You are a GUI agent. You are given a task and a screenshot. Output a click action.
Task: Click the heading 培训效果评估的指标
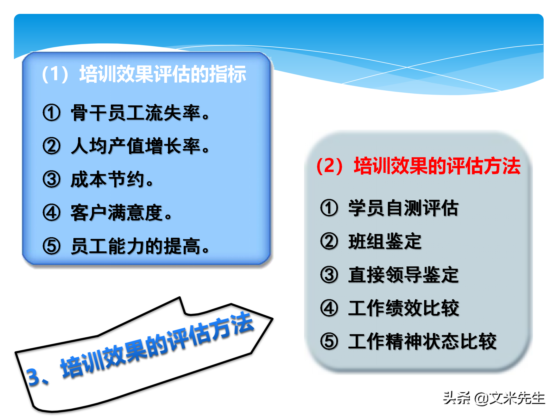(x=162, y=74)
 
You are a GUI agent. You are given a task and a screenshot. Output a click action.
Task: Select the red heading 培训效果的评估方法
(x=437, y=166)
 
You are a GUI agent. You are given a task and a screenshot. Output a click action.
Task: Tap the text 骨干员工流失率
(x=136, y=113)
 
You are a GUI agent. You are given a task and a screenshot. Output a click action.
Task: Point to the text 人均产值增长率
(x=136, y=146)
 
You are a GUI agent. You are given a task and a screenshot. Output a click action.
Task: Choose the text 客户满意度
(x=117, y=213)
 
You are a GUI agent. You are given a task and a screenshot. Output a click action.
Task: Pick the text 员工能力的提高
(x=136, y=246)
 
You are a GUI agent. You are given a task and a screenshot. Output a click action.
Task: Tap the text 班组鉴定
(x=385, y=242)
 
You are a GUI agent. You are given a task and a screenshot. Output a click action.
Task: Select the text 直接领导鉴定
(x=403, y=275)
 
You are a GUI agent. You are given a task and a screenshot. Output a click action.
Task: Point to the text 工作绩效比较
(x=403, y=308)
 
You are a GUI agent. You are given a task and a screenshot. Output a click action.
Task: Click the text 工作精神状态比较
(x=422, y=341)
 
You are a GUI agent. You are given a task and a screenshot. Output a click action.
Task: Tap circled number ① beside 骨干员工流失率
(x=52, y=113)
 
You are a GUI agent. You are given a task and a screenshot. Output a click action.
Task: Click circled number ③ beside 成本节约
(x=52, y=180)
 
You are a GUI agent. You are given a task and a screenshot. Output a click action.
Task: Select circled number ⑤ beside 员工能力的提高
(x=52, y=246)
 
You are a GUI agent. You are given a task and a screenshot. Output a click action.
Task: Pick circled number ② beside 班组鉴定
(x=329, y=242)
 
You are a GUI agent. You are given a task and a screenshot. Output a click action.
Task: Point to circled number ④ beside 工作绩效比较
(x=329, y=308)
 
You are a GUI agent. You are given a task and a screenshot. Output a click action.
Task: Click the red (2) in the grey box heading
(x=330, y=166)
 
